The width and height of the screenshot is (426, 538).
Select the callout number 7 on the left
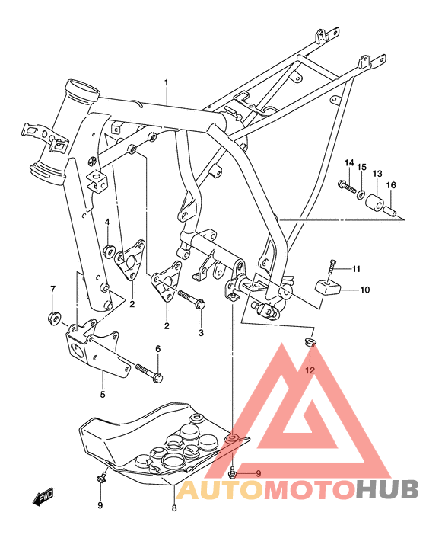pos(52,289)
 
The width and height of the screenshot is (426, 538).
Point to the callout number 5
pos(101,394)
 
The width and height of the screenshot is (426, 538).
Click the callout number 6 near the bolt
pos(157,348)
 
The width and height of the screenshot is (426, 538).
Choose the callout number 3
pos(201,333)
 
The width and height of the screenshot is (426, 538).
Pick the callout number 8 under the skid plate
pos(174,508)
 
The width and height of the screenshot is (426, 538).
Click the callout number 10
pos(364,290)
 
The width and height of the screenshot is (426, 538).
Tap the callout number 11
pos(355,268)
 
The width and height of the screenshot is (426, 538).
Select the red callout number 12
pos(310,370)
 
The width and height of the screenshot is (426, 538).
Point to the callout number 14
pos(349,163)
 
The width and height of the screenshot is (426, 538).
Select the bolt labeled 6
pos(148,372)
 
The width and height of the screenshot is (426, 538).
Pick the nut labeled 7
pos(54,315)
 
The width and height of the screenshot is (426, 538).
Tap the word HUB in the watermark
pos(387,488)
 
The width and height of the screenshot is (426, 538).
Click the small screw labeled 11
pos(332,270)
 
